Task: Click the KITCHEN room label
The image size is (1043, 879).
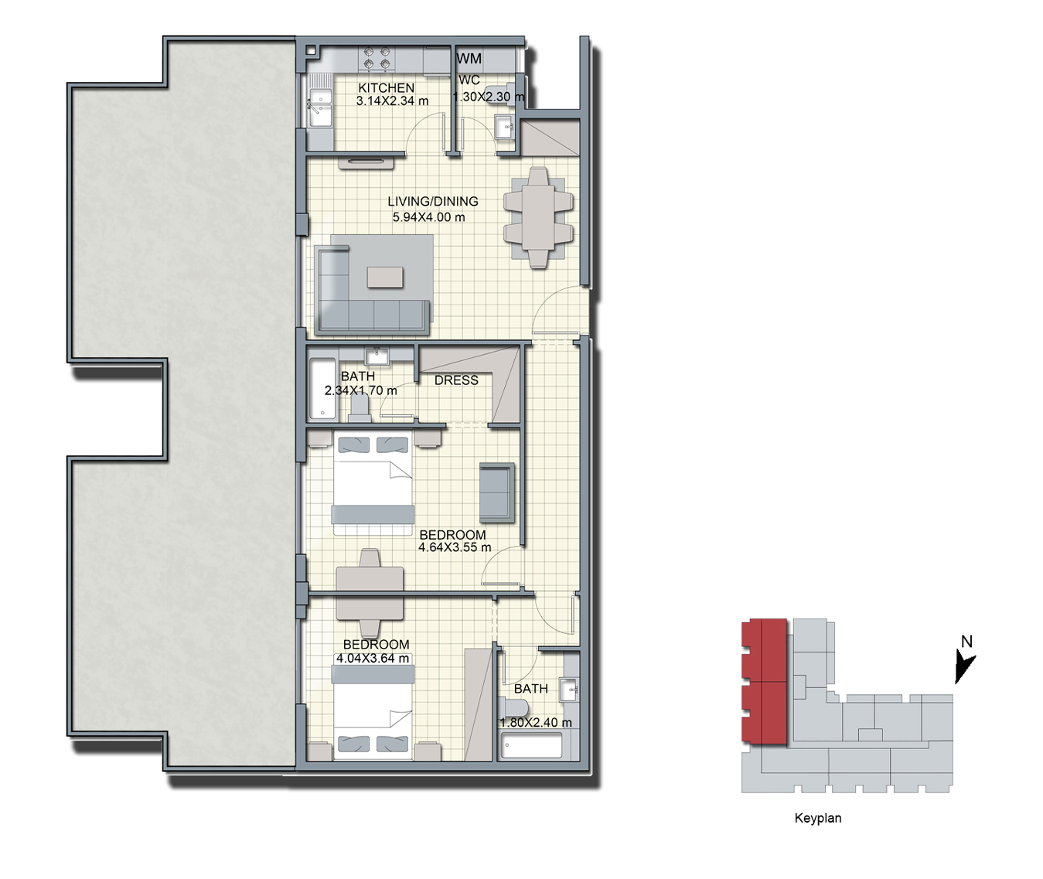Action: coord(386,88)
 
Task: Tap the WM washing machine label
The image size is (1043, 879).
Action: coord(469,59)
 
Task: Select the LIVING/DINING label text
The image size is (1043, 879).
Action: coord(432,201)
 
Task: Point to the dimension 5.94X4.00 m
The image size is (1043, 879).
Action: coord(428,217)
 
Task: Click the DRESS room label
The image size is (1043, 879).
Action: coord(456,380)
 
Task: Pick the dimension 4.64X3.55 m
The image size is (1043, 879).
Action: coord(455,547)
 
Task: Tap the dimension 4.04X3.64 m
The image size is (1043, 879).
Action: coord(373,658)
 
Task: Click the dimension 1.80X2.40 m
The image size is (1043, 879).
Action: coord(536,723)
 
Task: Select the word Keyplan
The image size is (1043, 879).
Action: coord(818,819)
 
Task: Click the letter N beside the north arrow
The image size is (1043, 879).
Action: coord(966,641)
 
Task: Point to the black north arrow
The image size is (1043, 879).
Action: coord(964,666)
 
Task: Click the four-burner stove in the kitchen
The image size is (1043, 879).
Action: coord(377,57)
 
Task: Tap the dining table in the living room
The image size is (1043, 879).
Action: coord(538,218)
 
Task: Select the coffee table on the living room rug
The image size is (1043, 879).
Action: coord(385,278)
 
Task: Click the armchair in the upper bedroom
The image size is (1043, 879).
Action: coord(497,492)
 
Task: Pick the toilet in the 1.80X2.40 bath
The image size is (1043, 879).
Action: coord(513,707)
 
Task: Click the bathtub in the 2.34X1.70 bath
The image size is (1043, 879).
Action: coord(322,389)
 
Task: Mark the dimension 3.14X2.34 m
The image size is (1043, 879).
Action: coord(392,101)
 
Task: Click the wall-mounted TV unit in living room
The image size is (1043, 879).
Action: coord(366,162)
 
